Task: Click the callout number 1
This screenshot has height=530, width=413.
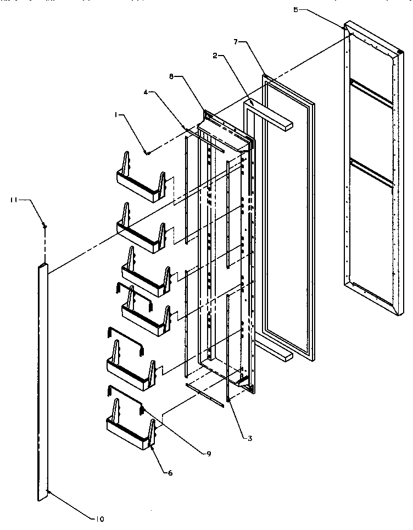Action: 116,115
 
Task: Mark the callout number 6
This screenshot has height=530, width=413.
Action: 170,472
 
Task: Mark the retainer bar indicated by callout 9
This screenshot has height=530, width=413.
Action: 125,396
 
